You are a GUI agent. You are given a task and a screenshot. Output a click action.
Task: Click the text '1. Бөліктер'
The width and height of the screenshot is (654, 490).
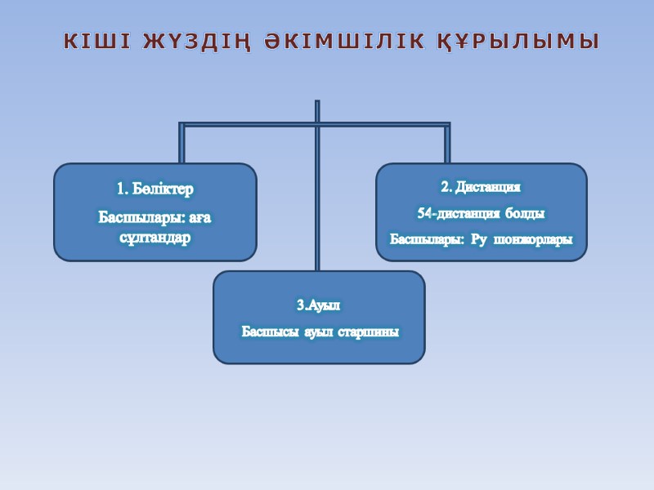(155, 189)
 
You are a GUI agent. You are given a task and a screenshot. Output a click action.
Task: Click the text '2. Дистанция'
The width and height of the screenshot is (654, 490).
(481, 187)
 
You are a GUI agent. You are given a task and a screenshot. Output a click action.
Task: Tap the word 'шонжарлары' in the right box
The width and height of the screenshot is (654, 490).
(531, 239)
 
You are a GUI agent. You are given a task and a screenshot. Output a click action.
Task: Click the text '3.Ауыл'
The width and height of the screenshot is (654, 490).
(318, 305)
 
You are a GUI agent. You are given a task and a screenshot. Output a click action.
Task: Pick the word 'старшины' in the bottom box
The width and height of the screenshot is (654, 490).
(368, 332)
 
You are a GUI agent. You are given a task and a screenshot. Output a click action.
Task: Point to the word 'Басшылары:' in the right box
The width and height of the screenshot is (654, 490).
(425, 239)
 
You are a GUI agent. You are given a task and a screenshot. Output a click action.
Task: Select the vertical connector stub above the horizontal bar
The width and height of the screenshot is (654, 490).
(317, 111)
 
